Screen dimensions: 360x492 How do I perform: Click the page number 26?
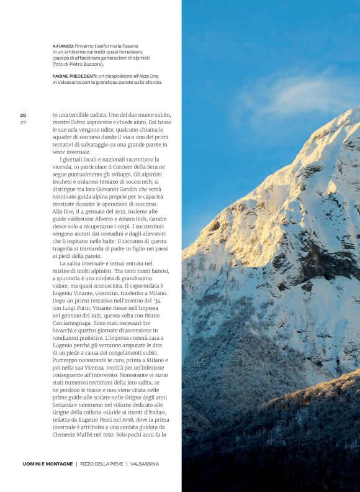[23, 115]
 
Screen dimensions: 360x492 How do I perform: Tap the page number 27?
[23, 122]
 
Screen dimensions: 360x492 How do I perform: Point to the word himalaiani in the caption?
[129, 52]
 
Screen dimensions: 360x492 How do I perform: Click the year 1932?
[110, 212]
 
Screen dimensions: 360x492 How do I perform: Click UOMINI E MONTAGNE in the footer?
[47, 464]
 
